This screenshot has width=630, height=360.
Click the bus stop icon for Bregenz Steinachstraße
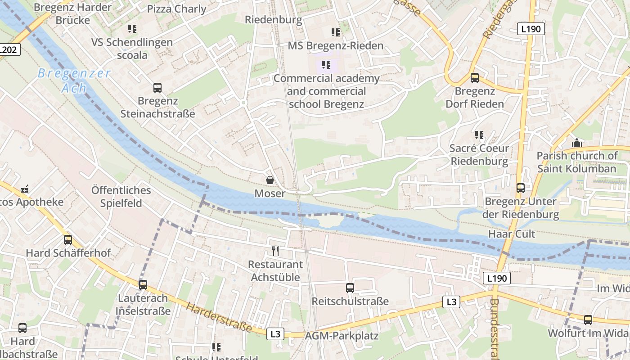[x=157, y=88]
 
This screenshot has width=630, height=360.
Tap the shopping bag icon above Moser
[x=270, y=180]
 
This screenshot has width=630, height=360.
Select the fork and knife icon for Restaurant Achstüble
[x=275, y=251]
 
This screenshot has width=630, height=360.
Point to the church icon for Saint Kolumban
[x=576, y=143]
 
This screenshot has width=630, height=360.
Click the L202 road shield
[x=9, y=49]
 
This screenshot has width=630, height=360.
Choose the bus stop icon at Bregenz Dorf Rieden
[x=474, y=78]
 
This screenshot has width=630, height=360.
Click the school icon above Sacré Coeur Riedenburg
[x=479, y=135]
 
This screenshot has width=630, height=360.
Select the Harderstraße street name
[x=219, y=317]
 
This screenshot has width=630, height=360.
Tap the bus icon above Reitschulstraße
[x=350, y=288]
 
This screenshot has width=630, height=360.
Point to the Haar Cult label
[x=512, y=234]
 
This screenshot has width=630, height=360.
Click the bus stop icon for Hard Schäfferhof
[x=68, y=240]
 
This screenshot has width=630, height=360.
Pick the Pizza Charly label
[x=176, y=9]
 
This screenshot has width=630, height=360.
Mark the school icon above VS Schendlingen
[x=132, y=29]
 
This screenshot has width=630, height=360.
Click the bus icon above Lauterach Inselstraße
[x=143, y=285]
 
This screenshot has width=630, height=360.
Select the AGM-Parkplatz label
[x=342, y=336]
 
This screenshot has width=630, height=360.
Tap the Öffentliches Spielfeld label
[x=121, y=196]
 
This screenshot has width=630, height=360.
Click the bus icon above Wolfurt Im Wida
[x=588, y=320]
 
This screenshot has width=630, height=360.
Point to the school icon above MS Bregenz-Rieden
[x=336, y=32]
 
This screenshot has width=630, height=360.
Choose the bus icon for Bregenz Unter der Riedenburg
[x=520, y=188]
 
